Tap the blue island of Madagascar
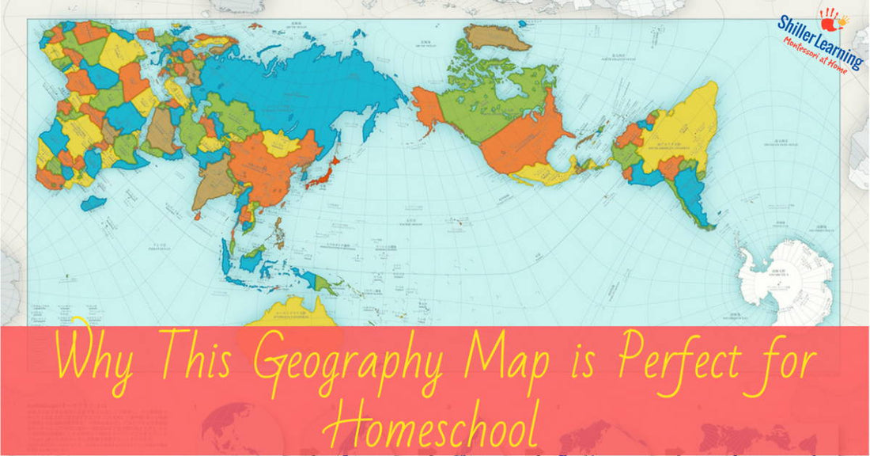point(93,203)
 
